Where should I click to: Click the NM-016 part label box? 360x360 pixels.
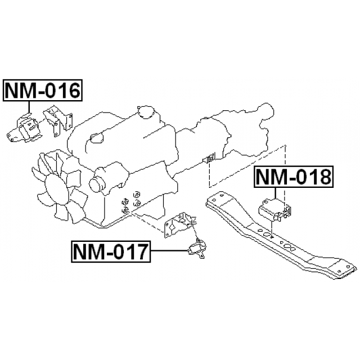pos(43,91)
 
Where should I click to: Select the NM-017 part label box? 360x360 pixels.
pos(111,251)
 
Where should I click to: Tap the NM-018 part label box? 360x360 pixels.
pos(294,177)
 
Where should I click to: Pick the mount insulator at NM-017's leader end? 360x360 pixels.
pos(197,249)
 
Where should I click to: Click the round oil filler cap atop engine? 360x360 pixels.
pos(146,112)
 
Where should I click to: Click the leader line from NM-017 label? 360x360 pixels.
pos(169,251)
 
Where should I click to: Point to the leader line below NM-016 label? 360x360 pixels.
pos(29,107)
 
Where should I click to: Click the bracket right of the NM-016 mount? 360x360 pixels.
pos(58,121)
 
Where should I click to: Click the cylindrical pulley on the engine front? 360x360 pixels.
pos(97,184)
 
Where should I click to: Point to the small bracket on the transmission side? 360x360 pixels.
pos(209,158)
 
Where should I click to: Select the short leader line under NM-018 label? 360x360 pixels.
pos(275,193)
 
